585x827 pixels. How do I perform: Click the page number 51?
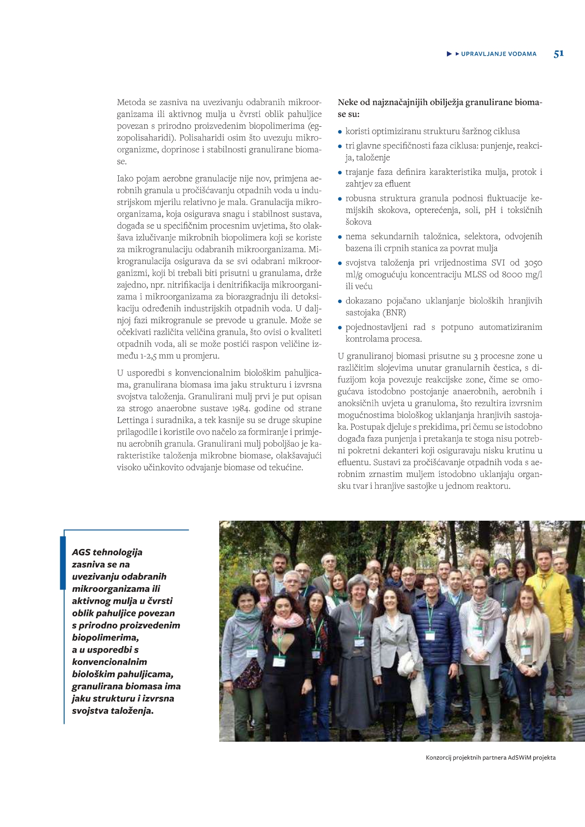coord(559,54)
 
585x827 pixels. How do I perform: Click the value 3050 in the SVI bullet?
coord(533,263)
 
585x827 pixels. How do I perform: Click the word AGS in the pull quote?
coord(81,552)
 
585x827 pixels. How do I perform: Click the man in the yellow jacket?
coord(549,598)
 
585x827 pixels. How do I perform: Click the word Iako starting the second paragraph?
coord(124,179)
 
